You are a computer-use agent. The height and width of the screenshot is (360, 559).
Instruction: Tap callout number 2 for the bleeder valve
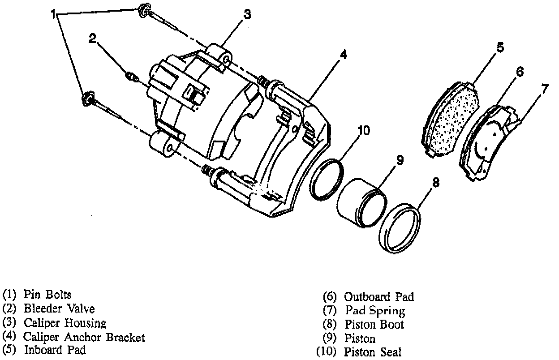pos(93,39)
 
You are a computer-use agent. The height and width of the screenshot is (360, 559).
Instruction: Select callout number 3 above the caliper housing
pos(247,14)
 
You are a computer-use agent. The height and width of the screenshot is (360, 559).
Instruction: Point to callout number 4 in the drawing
pos(343,55)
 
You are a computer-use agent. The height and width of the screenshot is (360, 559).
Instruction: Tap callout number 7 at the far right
pos(544,89)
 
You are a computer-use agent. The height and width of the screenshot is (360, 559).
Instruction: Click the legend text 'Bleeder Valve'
pos(59,309)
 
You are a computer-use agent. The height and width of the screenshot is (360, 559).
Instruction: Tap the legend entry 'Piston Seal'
pos(373,352)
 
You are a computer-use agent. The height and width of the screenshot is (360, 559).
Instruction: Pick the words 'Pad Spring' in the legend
pos(375,310)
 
